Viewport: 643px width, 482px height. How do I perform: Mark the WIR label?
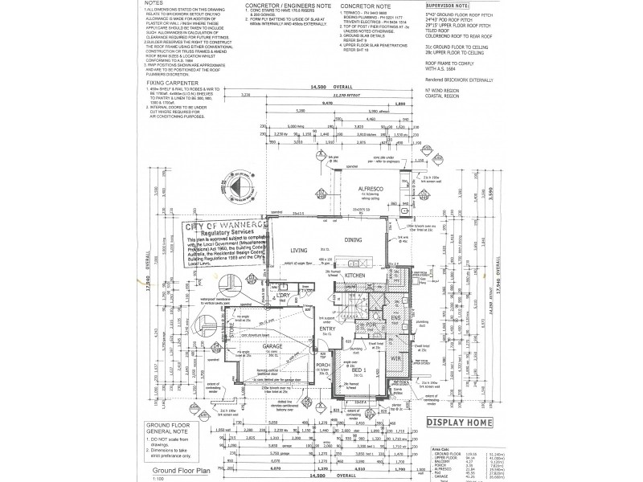click(395, 358)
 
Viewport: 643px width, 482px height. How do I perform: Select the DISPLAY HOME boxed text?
click(457, 421)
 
